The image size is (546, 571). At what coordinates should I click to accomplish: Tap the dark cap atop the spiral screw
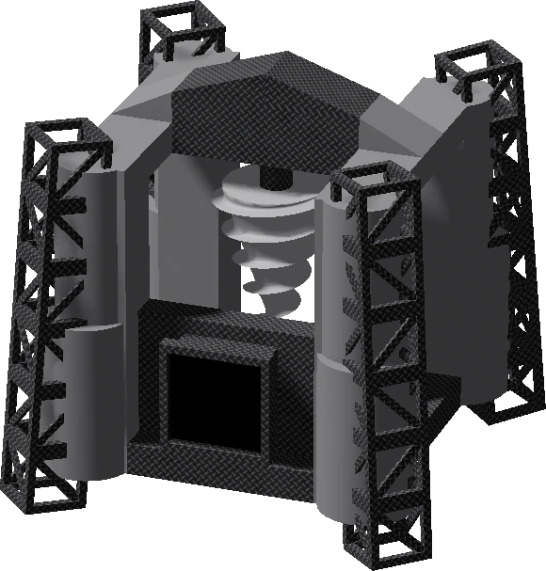point(271,177)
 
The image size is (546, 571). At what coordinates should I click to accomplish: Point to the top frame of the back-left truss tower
point(180,28)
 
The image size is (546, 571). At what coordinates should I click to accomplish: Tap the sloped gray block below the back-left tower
point(141,103)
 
